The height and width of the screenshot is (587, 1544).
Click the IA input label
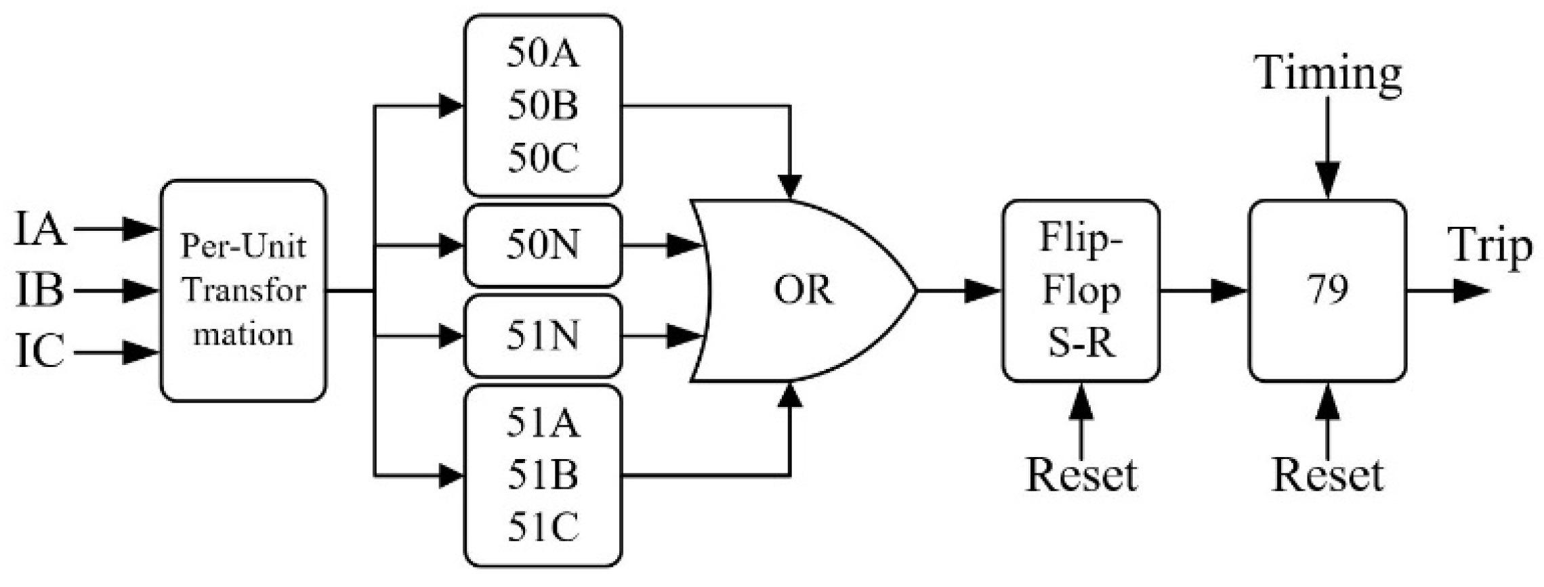click(40, 230)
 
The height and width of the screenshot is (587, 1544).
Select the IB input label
click(40, 292)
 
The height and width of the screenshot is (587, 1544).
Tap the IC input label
click(40, 353)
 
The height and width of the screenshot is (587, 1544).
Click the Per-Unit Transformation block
click(243, 291)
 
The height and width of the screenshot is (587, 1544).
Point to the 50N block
click(543, 245)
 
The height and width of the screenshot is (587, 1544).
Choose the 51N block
click(543, 336)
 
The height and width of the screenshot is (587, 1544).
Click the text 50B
click(543, 107)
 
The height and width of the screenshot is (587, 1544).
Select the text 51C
click(543, 527)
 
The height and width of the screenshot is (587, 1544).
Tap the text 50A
click(543, 55)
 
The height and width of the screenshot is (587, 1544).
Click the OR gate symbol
click(803, 291)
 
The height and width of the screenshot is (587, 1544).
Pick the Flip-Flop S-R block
click(1081, 291)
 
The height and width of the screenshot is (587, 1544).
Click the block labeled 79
click(1327, 291)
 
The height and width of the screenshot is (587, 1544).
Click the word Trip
click(1490, 247)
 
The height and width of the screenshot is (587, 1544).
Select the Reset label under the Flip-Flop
click(1081, 475)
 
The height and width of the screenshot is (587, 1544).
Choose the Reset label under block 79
click(1327, 475)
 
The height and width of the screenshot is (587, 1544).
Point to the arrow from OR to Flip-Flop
click(962, 291)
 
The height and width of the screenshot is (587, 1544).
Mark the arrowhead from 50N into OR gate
click(683, 245)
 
